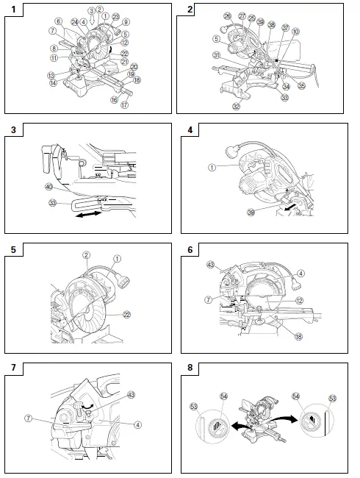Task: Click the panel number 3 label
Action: click(13, 130)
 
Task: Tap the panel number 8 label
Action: click(190, 365)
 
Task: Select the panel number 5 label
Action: click(13, 249)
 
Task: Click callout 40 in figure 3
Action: click(48, 187)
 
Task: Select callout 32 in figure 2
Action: click(237, 106)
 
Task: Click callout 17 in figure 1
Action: click(125, 105)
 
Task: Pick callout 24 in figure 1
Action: click(74, 21)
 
